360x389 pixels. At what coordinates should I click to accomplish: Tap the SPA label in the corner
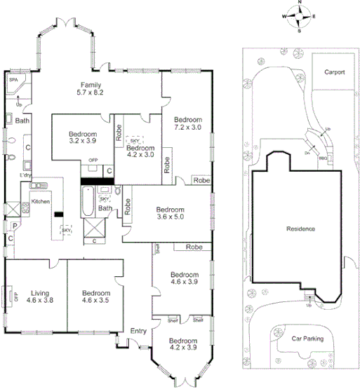[13, 81]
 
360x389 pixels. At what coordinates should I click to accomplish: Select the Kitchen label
[41, 201]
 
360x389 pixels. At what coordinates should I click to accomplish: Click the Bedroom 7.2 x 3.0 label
[188, 123]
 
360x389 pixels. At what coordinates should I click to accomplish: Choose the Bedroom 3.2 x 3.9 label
[82, 136]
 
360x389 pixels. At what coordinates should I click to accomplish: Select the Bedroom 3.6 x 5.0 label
[170, 213]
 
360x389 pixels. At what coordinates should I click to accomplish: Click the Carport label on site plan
[334, 72]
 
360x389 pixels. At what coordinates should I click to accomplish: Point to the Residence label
[300, 229]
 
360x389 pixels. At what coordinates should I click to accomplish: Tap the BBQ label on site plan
[323, 158]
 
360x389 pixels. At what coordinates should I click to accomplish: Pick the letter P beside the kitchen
[13, 226]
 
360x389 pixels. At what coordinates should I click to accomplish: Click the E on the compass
[314, 15]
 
